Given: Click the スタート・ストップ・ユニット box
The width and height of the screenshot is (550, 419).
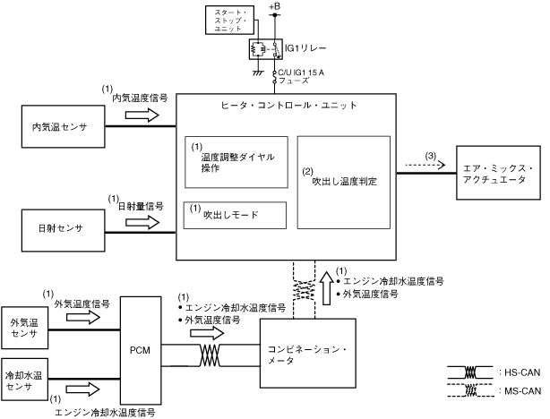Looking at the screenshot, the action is click(229, 20).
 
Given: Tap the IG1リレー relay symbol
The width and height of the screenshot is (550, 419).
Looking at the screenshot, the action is click(265, 49).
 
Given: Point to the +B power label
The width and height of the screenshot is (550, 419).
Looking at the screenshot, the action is click(275, 6).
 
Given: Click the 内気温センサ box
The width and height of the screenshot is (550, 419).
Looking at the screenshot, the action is click(63, 126).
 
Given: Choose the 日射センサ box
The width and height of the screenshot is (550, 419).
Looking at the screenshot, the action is click(63, 230).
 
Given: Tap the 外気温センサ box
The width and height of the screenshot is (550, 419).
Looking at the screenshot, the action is click(24, 328).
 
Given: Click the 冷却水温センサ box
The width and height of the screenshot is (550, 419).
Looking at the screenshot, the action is click(24, 380).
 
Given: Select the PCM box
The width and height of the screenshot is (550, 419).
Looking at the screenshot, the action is click(141, 350).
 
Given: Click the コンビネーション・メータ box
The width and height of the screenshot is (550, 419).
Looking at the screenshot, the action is click(307, 353).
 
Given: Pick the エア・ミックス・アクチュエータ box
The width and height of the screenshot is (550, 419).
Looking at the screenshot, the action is click(498, 173).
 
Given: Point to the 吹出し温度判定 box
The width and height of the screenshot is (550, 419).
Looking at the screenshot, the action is click(343, 183).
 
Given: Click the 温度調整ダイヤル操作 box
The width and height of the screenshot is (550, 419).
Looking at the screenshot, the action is click(236, 162).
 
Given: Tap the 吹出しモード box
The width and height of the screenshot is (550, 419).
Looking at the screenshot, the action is click(235, 215).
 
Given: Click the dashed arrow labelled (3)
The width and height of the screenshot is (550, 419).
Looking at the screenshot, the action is click(425, 165).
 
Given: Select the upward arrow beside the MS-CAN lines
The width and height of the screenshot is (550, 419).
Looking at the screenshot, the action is click(327, 288).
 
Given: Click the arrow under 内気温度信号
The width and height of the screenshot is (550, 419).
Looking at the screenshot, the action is click(142, 115).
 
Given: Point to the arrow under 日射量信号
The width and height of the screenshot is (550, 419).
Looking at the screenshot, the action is click(142, 222).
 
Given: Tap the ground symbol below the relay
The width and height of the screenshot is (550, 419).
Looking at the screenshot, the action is click(259, 73).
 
